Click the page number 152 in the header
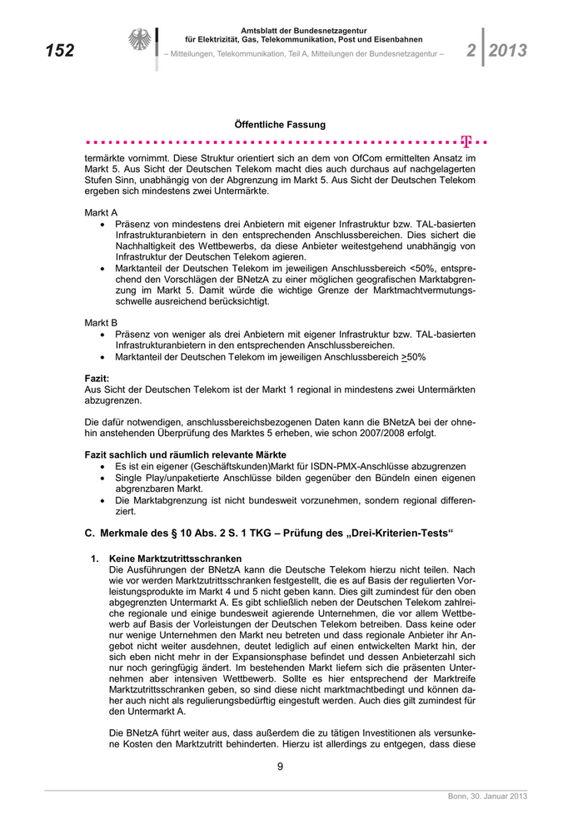coord(59,51)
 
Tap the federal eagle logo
coord(139,40)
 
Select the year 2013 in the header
coord(508,51)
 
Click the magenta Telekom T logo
coord(466,141)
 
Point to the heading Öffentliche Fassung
coord(280,125)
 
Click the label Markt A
coord(102,212)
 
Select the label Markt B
coord(102,321)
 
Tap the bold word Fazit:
coord(97,378)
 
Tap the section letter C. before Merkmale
coord(90,530)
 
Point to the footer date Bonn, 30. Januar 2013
coord(487,797)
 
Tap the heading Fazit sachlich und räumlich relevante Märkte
coord(186,454)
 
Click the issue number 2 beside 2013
coord(471,51)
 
